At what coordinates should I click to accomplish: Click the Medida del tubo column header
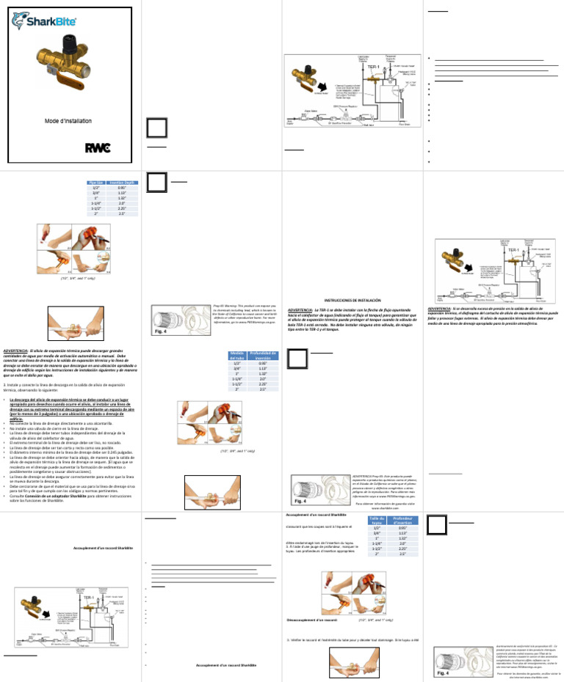tap(236, 356)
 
